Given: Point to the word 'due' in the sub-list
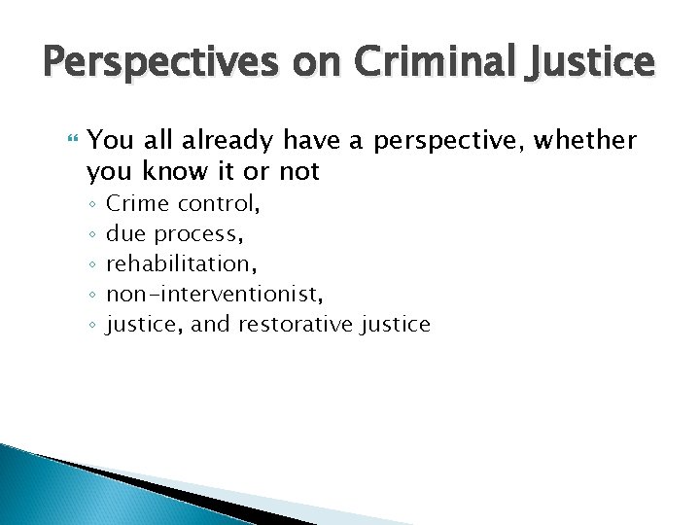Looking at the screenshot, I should coord(124,234).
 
